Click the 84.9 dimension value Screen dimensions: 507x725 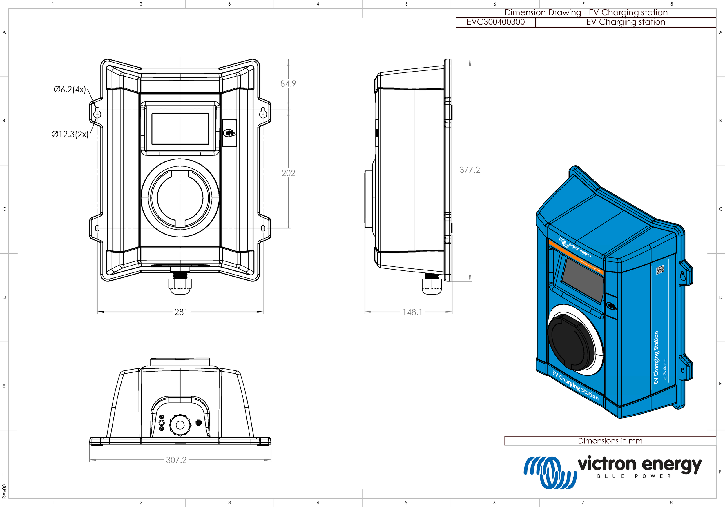pos(288,84)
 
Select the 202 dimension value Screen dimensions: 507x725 pos(288,173)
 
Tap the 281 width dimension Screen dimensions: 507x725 pos(181,312)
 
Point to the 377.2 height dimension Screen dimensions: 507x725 pos(470,170)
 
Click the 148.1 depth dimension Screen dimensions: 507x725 pos(412,312)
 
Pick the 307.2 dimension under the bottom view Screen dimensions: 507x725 pos(176,460)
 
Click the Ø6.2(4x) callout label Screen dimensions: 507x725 pos(70,89)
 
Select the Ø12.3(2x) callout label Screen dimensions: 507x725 pos(70,134)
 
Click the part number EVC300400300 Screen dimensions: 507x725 pos(495,22)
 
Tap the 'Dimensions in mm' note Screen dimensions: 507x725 pos(610,441)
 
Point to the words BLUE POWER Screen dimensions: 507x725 pos(634,476)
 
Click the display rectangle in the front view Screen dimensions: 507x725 pos(180,129)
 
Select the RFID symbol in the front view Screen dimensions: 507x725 pos(229,133)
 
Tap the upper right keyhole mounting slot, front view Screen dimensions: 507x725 pos(263,112)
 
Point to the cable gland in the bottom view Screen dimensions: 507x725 pos(180,425)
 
